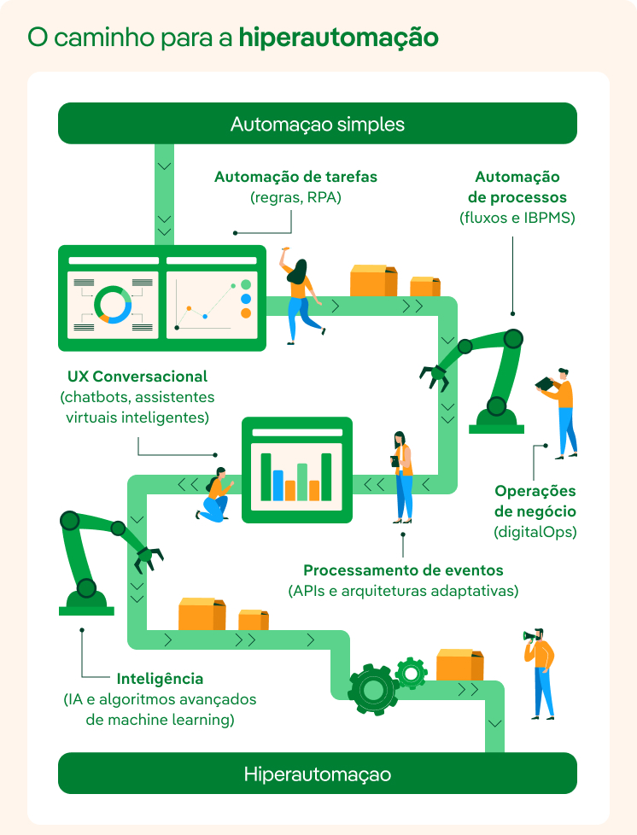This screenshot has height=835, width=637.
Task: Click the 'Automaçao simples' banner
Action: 318,124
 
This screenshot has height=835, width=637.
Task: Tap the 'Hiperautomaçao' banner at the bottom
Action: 318,774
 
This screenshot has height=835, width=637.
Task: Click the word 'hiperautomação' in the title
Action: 339,38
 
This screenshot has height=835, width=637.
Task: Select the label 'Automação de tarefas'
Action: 295,177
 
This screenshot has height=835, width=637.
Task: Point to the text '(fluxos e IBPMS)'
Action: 517,218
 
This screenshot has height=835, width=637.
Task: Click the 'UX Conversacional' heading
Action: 137,377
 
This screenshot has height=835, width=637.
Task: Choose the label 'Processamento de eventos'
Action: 403,570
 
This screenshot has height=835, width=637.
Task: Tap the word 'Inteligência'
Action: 160,679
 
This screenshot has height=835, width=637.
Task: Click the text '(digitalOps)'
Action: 535,532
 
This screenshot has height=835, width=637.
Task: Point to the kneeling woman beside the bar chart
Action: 215,494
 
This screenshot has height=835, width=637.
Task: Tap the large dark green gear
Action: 373,689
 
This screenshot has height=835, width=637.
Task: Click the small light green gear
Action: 411,673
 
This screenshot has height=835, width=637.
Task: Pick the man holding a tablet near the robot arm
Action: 559,413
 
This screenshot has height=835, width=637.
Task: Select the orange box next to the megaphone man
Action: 459,665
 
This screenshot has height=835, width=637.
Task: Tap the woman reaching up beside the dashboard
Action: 301,295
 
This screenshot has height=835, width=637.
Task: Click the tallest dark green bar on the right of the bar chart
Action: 326,476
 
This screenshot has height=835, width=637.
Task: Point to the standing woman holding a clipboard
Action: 403,477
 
